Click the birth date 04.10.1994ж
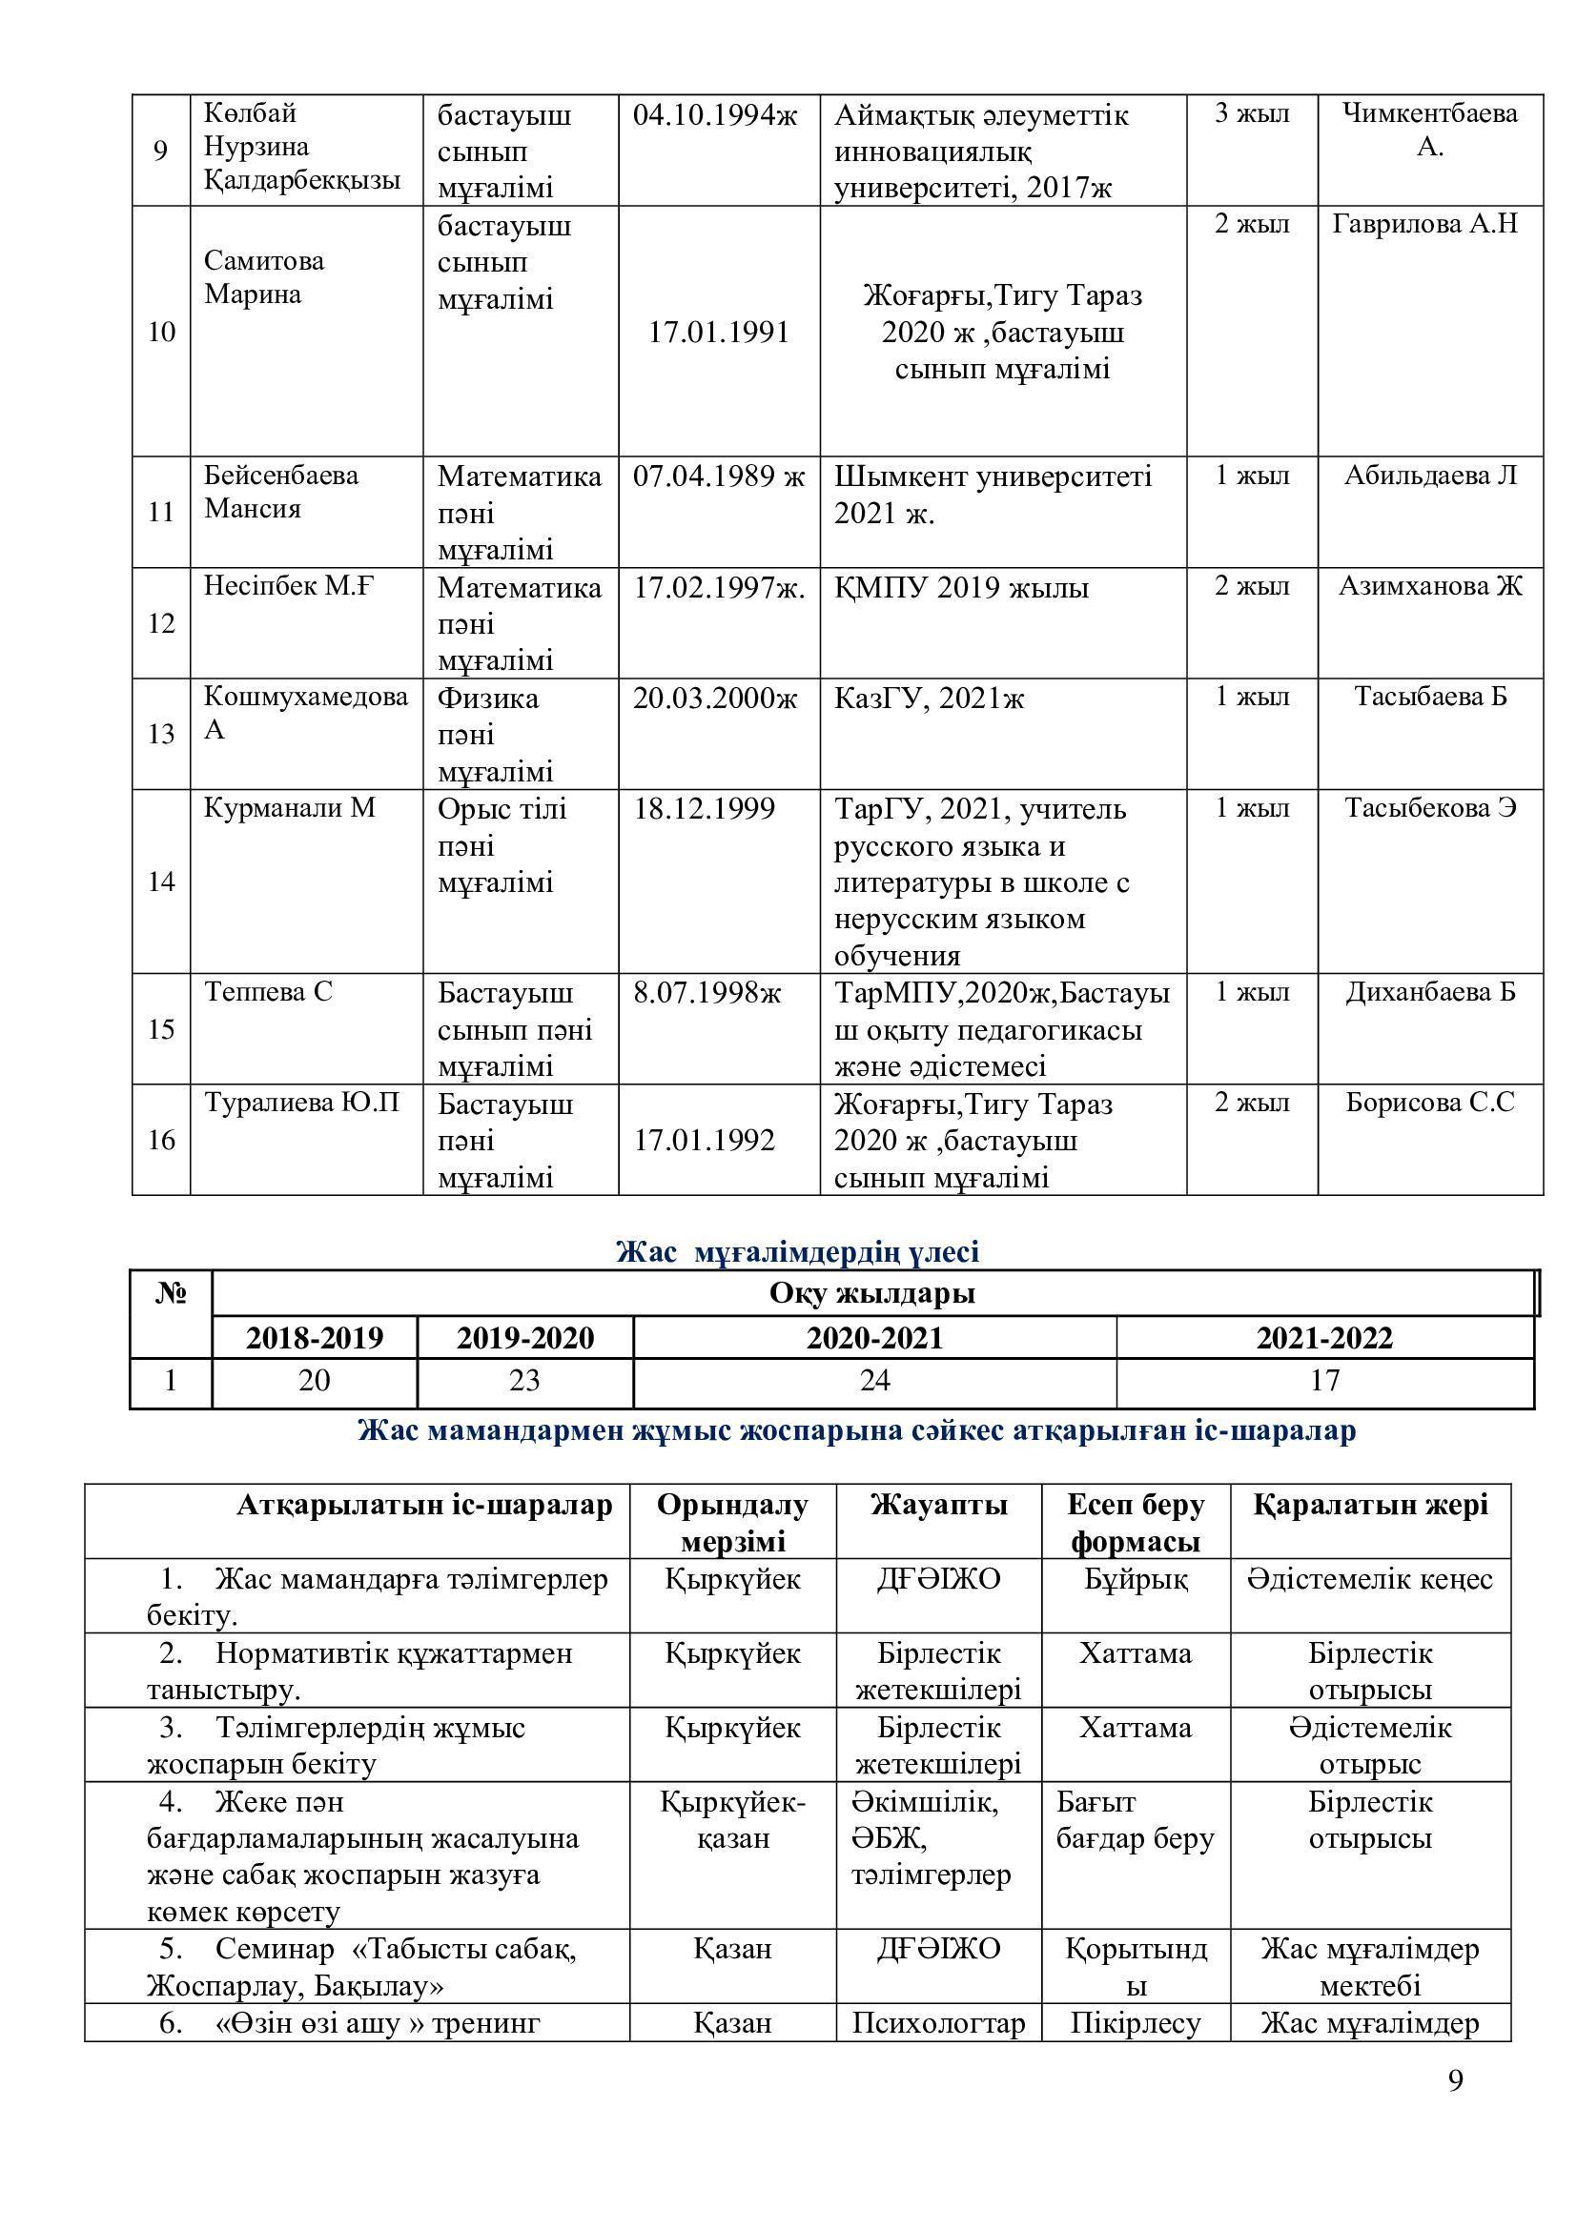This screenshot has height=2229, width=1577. click(715, 115)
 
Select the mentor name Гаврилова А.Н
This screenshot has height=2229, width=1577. click(1424, 224)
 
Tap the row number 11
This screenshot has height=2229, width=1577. click(161, 512)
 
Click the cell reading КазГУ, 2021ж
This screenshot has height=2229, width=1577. click(929, 698)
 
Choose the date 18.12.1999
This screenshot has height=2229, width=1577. click(704, 809)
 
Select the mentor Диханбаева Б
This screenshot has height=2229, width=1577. click(1429, 992)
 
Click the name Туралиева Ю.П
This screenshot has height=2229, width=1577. click(302, 1103)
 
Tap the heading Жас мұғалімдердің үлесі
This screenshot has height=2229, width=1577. click(797, 1251)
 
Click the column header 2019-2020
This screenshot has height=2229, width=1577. click(524, 1338)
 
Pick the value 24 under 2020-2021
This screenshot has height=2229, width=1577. click(874, 1381)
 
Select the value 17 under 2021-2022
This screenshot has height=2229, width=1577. click(1324, 1381)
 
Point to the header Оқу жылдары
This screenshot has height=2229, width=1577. click(872, 1294)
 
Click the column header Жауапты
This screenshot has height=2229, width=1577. click(938, 1505)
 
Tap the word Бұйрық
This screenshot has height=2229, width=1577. click(1136, 1579)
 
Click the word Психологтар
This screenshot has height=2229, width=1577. click(938, 2023)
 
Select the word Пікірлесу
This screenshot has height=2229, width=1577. click(1136, 2023)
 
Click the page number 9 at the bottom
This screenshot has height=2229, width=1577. click(1455, 2108)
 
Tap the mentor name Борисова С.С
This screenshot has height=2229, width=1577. click(1429, 1103)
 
